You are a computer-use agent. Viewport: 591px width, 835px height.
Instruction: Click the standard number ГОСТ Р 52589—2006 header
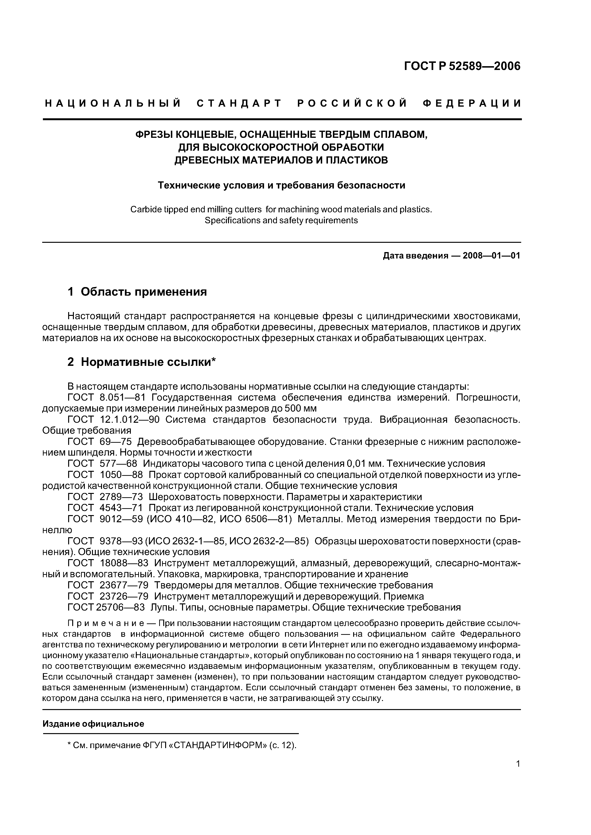pos(463,66)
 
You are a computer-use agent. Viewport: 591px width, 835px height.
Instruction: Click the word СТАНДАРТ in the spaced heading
pos(239,104)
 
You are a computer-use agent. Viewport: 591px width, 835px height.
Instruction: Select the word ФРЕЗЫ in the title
pos(154,134)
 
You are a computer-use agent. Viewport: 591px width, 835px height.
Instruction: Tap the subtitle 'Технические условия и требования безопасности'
pos(281,185)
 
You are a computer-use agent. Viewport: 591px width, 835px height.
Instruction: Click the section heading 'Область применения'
pos(143,292)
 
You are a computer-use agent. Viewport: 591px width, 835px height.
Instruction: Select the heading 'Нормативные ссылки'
pos(146,362)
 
